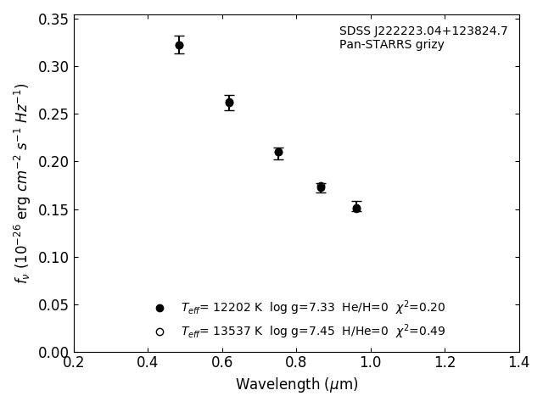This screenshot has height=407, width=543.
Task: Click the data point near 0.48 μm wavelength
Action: coord(179,45)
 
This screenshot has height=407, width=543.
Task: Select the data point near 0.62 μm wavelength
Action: coord(229,103)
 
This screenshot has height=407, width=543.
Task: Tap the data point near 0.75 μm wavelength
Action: coord(278,153)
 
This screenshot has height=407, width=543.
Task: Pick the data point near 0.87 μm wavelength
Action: coord(321,187)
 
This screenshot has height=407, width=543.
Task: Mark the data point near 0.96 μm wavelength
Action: coord(356,208)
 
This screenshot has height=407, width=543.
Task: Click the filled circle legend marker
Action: coord(160,308)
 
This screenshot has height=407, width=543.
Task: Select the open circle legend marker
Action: coord(160,332)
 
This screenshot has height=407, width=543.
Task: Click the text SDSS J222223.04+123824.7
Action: coord(423,31)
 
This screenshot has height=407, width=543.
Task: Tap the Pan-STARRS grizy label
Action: coord(391,45)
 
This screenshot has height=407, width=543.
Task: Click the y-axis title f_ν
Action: coord(22,182)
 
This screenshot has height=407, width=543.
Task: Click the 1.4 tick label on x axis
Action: coord(519,363)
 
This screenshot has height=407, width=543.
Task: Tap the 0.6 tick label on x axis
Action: coord(222,363)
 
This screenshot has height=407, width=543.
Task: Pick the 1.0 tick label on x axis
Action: coord(371,363)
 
